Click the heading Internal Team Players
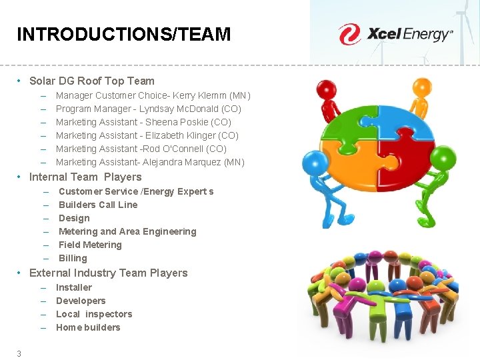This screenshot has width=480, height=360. [x=85, y=177]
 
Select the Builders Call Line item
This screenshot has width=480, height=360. [x=98, y=205]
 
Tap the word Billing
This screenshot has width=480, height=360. [x=73, y=258]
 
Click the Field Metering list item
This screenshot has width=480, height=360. [x=90, y=245]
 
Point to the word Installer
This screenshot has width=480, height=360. [x=74, y=287]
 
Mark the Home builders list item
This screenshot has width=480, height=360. [x=88, y=327]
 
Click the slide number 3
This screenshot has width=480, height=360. [x=19, y=353]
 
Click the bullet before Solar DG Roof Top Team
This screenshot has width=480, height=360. [x=21, y=81]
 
